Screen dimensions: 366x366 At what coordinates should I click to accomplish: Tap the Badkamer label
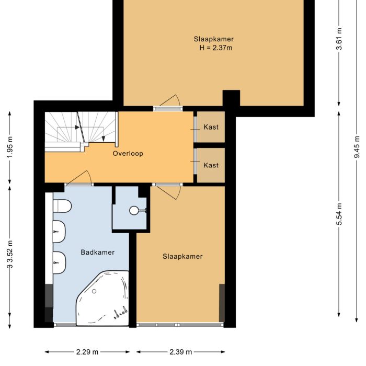tap(97, 252)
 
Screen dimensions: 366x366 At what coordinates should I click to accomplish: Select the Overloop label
tap(128, 154)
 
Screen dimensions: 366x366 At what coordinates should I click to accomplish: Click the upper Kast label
tap(211, 127)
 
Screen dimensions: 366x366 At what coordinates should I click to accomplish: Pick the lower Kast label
tap(211, 165)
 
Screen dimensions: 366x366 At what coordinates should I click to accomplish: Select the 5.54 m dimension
tap(339, 214)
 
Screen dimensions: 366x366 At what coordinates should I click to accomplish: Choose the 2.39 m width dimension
tap(181, 352)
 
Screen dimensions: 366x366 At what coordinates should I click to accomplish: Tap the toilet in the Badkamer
tap(62, 207)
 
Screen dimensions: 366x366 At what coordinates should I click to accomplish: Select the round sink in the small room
tap(135, 211)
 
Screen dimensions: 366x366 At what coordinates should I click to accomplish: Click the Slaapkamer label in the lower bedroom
tap(182, 256)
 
